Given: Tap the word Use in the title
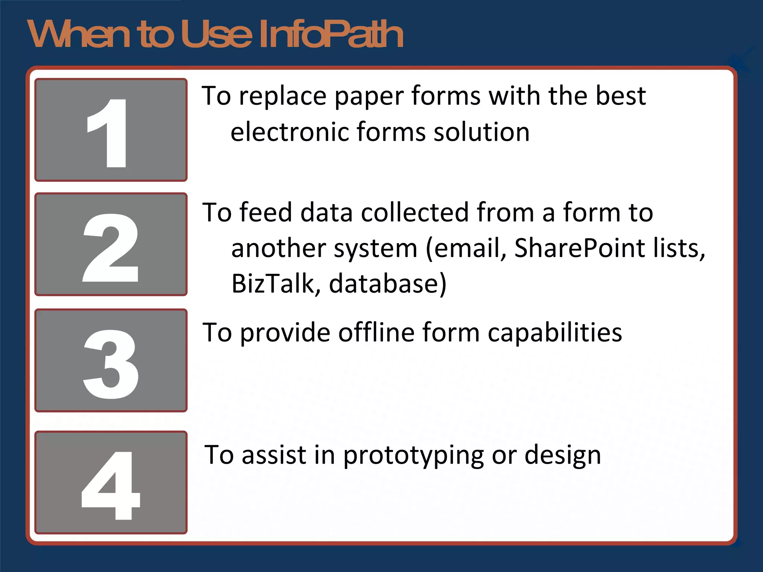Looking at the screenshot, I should [217, 34].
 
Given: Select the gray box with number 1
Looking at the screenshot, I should [111, 130].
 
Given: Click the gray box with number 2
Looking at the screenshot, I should [111, 244].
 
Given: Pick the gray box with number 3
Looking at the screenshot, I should [111, 360].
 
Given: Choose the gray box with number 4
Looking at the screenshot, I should [111, 482].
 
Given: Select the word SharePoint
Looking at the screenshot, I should [580, 248].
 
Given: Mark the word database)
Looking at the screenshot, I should [387, 284].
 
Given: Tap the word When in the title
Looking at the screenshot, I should [79, 34].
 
